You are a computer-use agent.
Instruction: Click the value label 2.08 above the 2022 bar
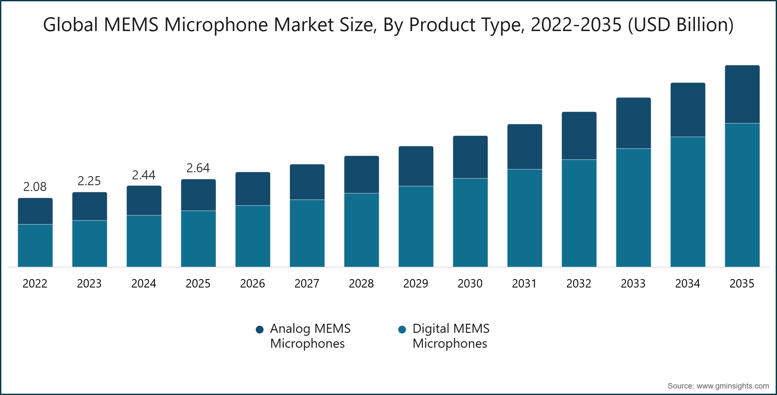click(x=35, y=187)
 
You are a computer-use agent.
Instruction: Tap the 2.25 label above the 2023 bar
click(x=89, y=181)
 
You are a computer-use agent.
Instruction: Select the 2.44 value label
click(x=144, y=175)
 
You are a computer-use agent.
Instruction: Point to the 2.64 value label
click(x=198, y=168)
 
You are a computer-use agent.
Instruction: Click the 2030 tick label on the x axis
click(x=470, y=284)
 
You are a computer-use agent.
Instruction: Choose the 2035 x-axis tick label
click(x=742, y=284)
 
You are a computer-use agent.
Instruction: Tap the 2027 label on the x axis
click(x=307, y=284)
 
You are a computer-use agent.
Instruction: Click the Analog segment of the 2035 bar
click(x=742, y=94)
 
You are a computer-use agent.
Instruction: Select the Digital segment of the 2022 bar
click(x=35, y=245)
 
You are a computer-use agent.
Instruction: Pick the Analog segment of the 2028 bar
click(x=361, y=175)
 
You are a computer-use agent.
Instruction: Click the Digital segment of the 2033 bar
click(x=633, y=208)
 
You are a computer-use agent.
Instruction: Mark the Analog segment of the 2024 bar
click(x=144, y=200)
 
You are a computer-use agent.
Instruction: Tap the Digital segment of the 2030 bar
click(x=470, y=222)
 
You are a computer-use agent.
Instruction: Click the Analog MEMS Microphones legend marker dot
click(x=259, y=330)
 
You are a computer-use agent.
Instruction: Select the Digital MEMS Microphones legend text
click(x=451, y=336)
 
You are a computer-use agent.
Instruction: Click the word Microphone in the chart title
click(x=216, y=25)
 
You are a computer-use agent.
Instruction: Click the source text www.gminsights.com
click(x=733, y=386)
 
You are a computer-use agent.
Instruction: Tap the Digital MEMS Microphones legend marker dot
click(x=402, y=330)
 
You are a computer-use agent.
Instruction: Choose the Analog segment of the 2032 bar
click(x=579, y=136)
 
